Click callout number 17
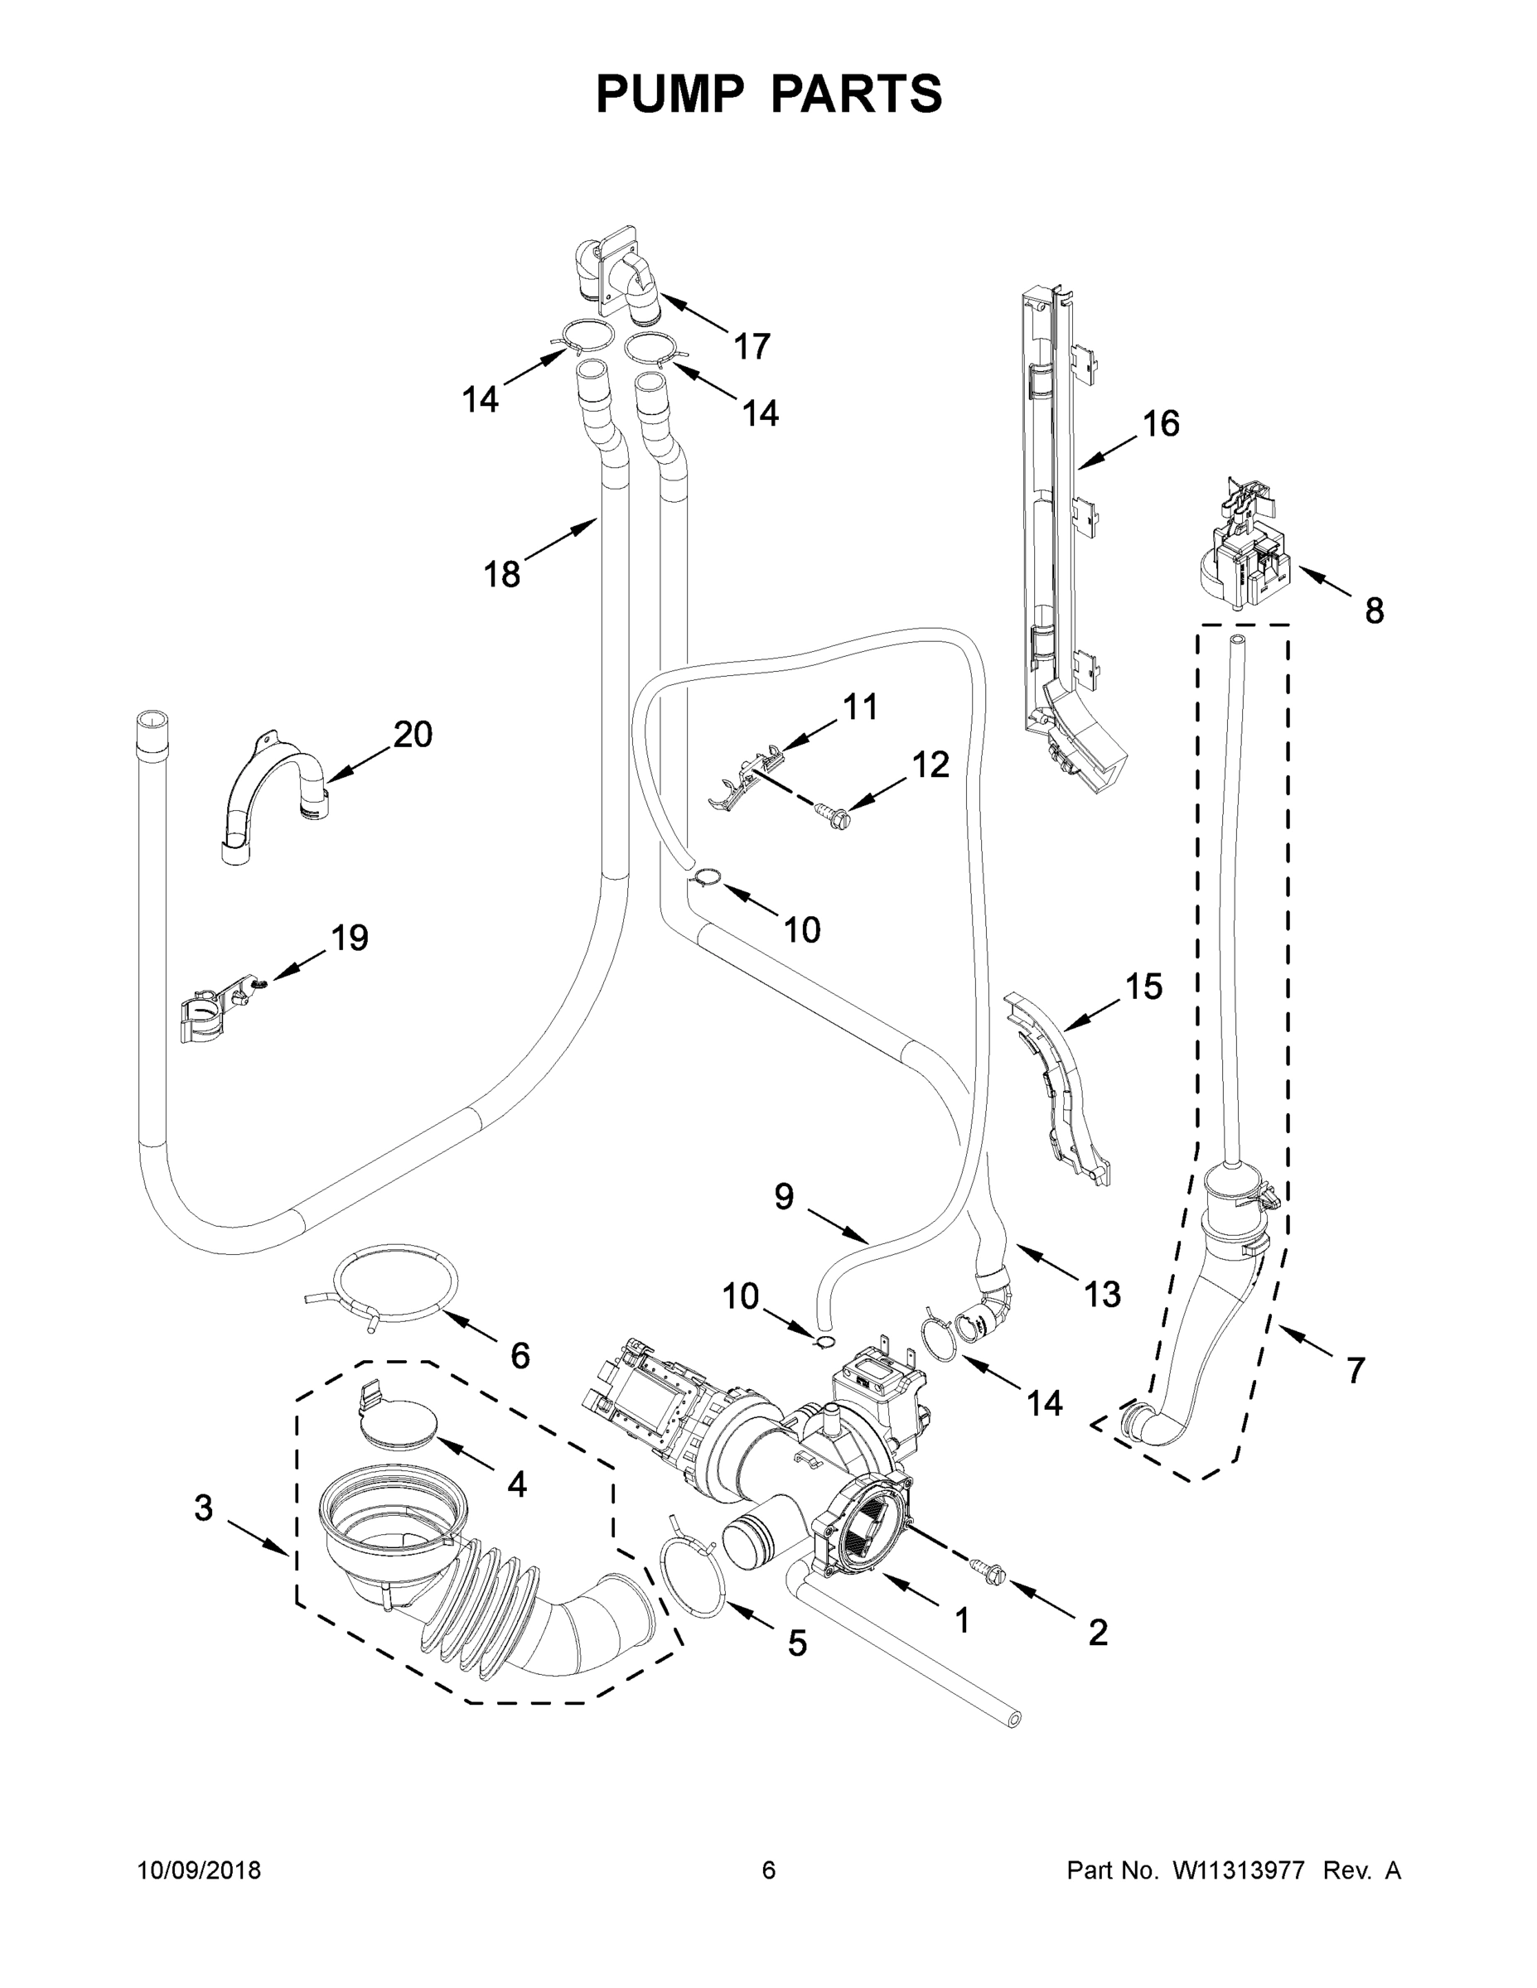(752, 346)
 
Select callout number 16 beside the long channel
(1161, 423)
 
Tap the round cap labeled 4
(399, 1427)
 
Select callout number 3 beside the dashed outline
(203, 1508)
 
